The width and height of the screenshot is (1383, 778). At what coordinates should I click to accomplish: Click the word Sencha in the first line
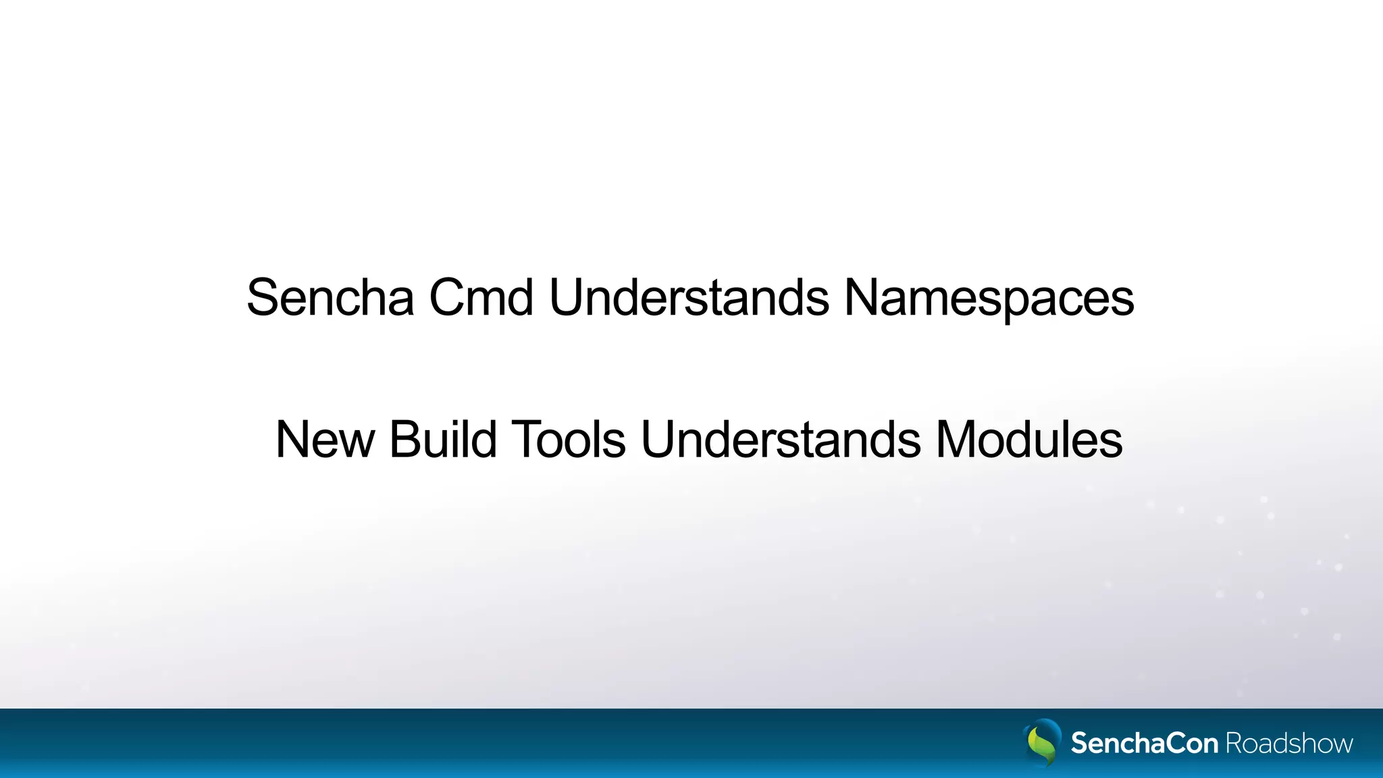(x=330, y=298)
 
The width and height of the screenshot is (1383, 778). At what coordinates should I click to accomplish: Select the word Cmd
(x=481, y=298)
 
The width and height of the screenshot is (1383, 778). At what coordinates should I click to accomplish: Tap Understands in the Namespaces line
(x=689, y=298)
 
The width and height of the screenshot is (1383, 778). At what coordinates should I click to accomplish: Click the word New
(x=325, y=440)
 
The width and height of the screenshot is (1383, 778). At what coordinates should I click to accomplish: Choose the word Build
(x=443, y=440)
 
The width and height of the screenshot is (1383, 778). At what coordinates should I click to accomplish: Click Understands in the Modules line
(x=780, y=440)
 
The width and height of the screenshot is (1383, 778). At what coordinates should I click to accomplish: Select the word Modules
(x=1028, y=440)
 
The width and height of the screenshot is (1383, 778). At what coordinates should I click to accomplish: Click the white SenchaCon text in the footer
(x=1144, y=744)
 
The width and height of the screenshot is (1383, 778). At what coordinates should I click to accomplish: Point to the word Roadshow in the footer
(x=1289, y=744)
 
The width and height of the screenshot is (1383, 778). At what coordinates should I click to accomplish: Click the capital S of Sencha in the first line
(x=263, y=298)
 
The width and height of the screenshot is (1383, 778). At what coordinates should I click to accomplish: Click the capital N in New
(x=293, y=440)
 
